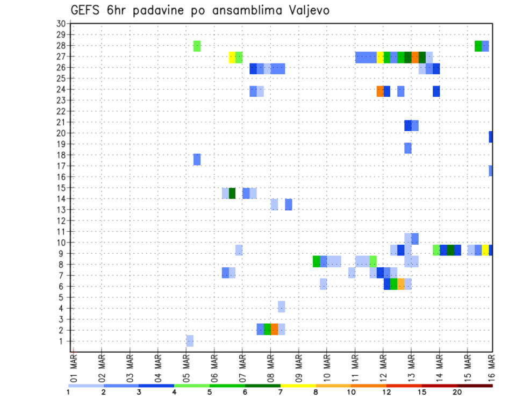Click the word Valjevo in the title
(306, 10)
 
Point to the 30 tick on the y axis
(60, 24)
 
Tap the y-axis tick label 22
(60, 111)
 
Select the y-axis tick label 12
(60, 220)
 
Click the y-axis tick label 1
(62, 341)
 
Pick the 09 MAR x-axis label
(298, 366)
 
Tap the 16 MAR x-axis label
(491, 366)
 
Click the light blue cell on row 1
(190, 341)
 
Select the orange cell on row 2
(274, 329)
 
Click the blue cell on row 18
(197, 160)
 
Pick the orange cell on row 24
(380, 91)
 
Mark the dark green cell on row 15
(232, 193)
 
